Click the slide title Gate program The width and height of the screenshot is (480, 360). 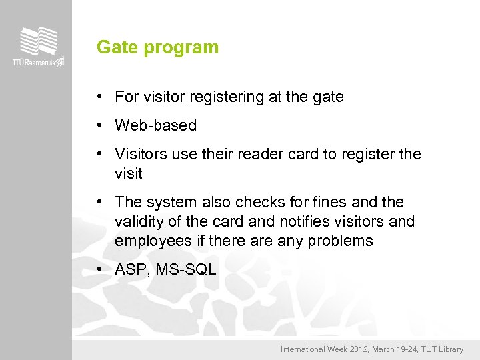tap(157, 47)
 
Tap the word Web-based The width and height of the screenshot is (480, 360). tap(155, 125)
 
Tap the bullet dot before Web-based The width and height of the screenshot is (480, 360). tap(98, 125)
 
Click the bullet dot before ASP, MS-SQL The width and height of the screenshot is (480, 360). tap(98, 269)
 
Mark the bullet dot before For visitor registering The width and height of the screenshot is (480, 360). tap(98, 97)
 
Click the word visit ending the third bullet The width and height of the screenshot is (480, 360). tap(128, 173)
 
